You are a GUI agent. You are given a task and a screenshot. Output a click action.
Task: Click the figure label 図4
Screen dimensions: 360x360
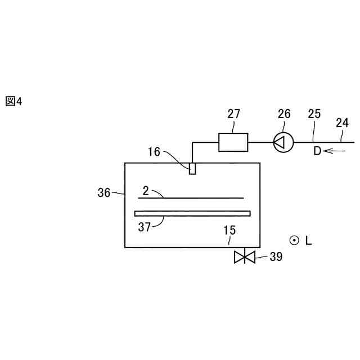13,101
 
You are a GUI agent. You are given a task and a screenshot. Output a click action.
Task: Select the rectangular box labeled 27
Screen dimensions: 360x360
233,142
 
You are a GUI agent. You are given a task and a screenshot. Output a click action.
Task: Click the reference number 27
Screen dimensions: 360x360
233,114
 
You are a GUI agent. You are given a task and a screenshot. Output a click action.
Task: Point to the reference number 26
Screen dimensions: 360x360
284,114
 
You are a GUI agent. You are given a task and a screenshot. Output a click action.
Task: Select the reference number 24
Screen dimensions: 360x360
342,122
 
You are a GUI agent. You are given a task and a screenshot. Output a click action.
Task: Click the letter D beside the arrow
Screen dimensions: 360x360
317,151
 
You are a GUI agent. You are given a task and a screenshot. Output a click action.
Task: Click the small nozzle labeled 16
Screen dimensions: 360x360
192,168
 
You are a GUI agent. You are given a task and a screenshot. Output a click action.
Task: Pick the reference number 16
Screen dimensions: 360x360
154,151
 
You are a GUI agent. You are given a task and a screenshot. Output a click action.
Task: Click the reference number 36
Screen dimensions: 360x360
104,192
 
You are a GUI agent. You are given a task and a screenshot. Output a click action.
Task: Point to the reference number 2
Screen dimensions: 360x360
146,191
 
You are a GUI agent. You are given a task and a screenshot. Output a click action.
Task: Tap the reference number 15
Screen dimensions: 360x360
230,230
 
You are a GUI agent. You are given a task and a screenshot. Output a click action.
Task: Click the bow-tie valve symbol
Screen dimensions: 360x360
245,258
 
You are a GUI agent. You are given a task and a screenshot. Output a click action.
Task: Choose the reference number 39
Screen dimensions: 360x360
276,257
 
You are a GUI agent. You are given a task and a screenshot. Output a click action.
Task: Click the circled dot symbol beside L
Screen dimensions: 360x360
293,240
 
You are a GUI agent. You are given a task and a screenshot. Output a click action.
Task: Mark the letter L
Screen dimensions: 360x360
308,241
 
